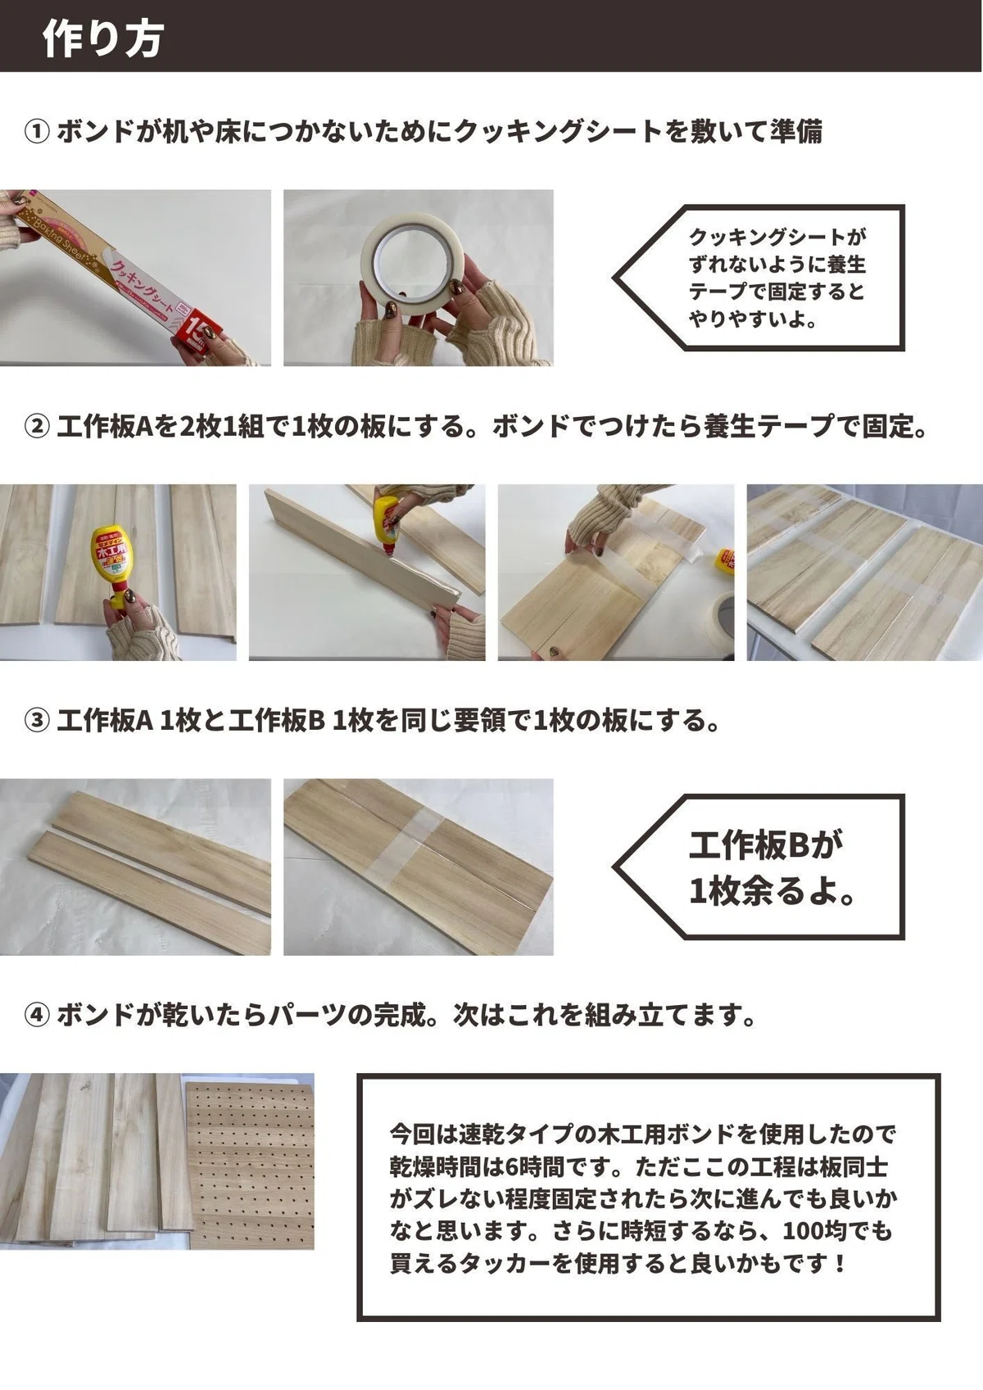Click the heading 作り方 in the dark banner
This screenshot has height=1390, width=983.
103,39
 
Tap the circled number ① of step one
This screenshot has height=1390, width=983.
37,133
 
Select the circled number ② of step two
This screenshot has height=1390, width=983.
37,427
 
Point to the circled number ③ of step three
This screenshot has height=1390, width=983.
37,721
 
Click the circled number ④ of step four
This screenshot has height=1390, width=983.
37,1015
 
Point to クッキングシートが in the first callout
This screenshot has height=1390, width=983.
777,237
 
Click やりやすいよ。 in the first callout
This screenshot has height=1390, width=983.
753,319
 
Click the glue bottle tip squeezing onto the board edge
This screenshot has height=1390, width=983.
388,555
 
